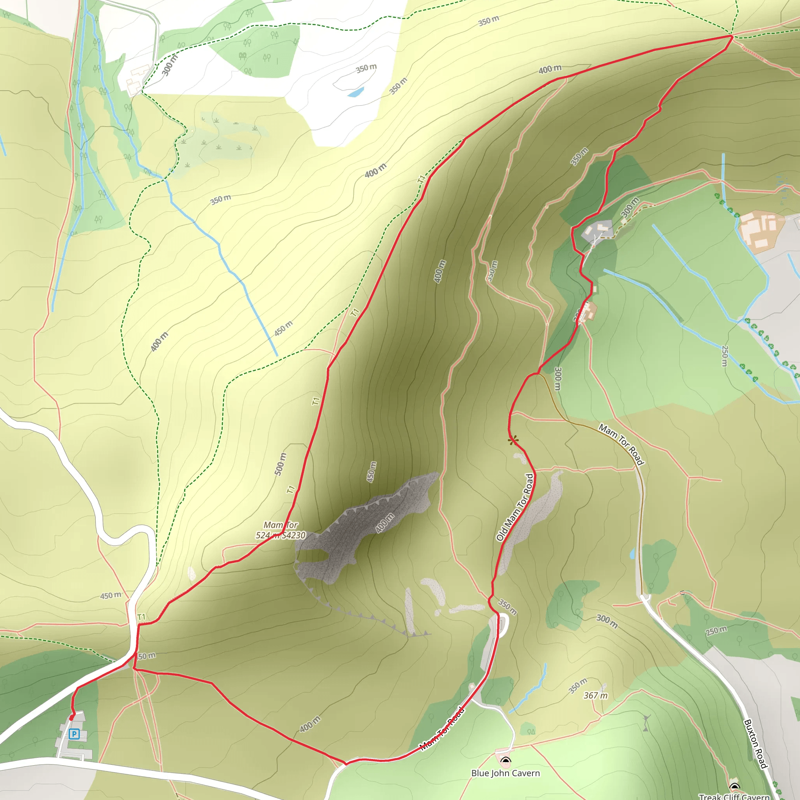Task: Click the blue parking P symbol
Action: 74,734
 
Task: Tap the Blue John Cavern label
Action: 505,773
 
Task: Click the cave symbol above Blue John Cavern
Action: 505,760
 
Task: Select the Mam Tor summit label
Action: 281,530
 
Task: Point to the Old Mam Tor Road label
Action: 515,507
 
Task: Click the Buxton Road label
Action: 756,744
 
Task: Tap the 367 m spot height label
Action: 595,696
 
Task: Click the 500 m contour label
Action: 280,464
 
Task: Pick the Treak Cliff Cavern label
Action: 734,796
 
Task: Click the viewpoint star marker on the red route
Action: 513,440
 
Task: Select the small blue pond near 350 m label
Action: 356,91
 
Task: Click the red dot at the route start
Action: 71,718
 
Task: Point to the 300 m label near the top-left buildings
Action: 169,65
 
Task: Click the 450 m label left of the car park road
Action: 111,595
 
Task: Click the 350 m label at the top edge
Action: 489,21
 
